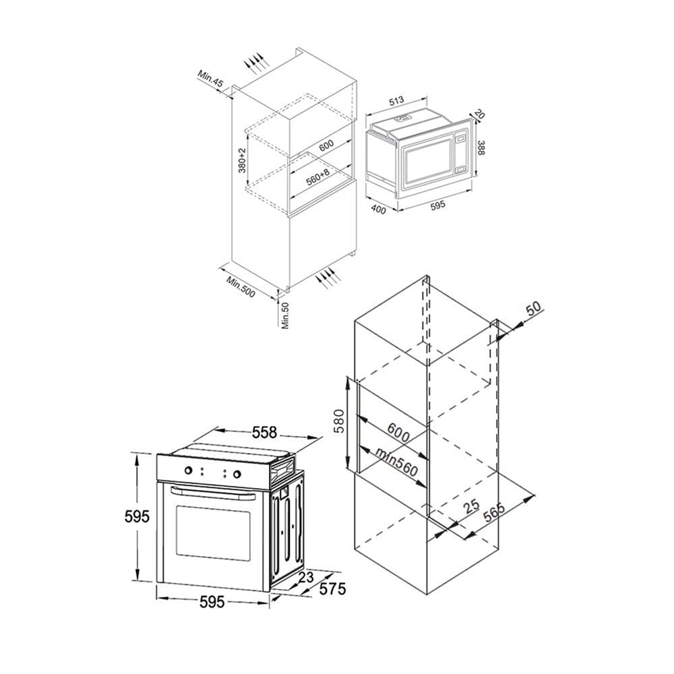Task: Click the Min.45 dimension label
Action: [210, 79]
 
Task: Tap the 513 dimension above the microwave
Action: [396, 100]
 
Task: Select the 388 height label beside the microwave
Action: [481, 148]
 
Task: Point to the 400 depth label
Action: [378, 209]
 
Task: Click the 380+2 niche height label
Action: [242, 160]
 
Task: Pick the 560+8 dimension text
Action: [317, 177]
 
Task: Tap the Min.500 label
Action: [241, 286]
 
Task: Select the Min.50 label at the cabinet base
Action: [286, 315]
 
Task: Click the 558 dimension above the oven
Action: [264, 432]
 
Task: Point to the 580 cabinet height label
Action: [339, 421]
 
